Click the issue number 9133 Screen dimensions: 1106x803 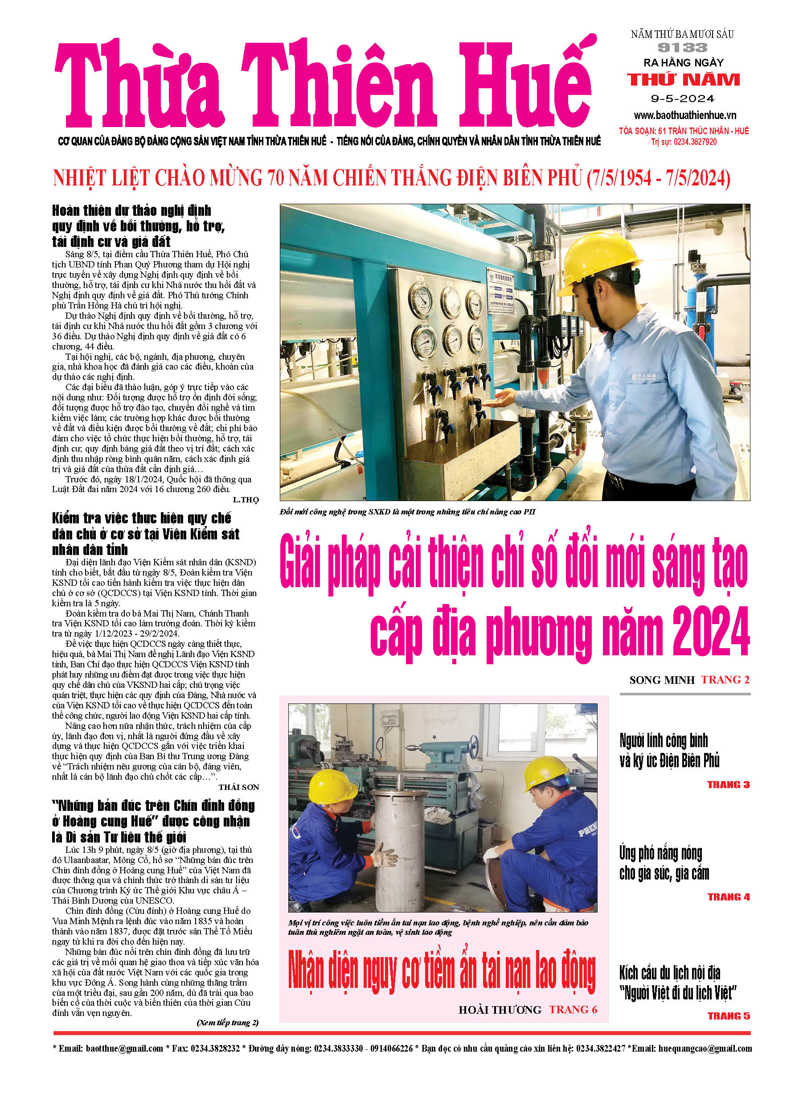[682, 47]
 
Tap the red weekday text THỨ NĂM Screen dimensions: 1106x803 [683, 79]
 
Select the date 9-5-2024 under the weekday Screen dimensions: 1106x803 [683, 99]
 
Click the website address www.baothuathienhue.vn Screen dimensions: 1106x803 [684, 115]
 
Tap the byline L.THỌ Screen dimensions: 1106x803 [245, 500]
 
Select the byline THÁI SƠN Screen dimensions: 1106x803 [238, 787]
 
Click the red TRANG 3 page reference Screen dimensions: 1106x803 [728, 785]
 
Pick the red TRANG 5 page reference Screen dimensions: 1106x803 [729, 1016]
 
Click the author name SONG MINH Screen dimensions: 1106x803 [662, 680]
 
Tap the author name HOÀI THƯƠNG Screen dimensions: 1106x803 [500, 1010]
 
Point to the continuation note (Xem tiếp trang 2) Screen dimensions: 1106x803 [227, 1023]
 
